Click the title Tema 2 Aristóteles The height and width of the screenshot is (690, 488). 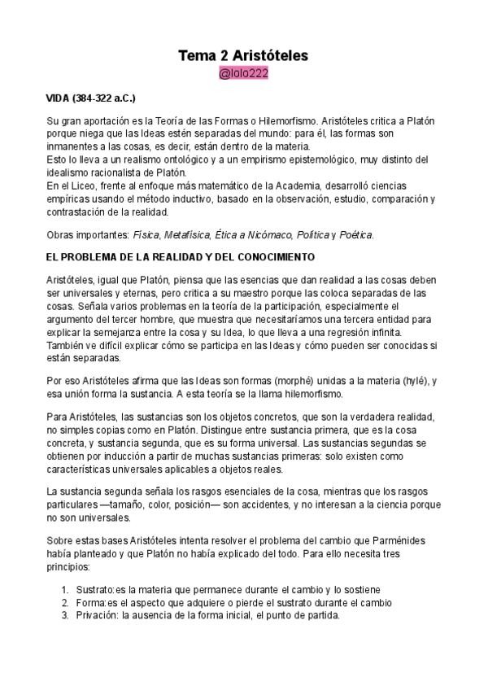[x=243, y=56]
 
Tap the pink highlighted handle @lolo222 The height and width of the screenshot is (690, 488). [x=243, y=74]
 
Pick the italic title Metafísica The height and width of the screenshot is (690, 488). [x=186, y=235]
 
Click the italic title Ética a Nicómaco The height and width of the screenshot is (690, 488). [x=255, y=235]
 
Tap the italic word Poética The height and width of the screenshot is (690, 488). [x=356, y=235]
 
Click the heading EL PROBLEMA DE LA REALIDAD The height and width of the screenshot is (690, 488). [x=180, y=257]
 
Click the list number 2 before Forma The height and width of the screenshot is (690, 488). [x=65, y=602]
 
